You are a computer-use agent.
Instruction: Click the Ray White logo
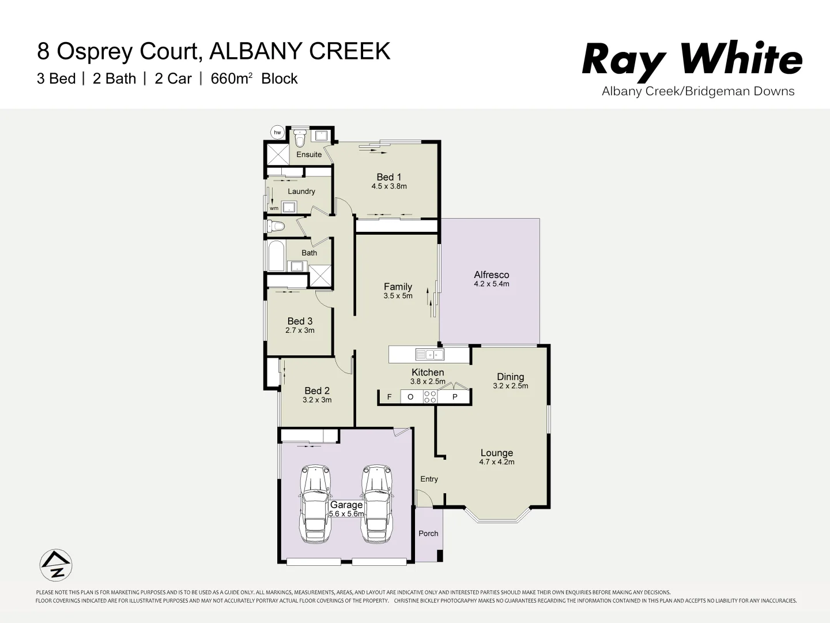point(692,59)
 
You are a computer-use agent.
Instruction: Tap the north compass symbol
point(56,564)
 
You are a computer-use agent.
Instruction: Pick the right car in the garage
point(377,504)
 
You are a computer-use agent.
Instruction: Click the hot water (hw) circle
point(277,132)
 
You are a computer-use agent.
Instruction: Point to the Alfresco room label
point(491,275)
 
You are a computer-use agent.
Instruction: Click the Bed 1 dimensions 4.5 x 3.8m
point(389,186)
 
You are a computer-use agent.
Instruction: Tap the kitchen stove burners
point(429,396)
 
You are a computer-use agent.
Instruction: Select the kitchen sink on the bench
point(429,354)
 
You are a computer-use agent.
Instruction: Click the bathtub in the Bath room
point(276,256)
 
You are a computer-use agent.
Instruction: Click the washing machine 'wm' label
point(274,208)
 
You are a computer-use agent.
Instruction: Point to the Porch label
point(428,534)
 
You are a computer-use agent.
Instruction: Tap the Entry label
point(429,479)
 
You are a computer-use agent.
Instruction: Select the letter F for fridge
point(390,397)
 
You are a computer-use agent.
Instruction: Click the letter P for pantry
point(455,397)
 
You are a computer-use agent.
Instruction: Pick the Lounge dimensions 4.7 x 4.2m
point(496,462)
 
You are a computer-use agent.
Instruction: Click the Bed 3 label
point(300,321)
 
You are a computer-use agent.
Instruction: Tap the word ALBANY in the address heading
point(256,51)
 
